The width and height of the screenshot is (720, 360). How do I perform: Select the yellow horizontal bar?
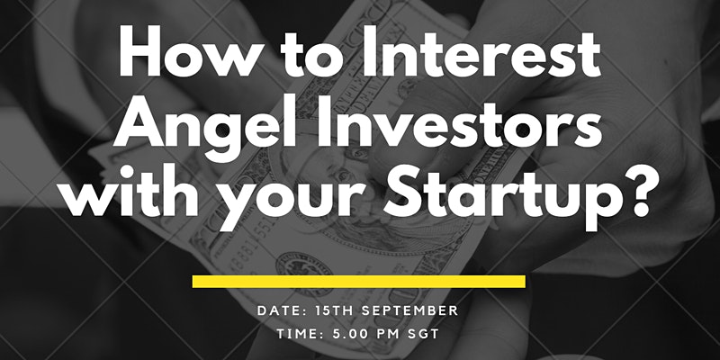[358, 282]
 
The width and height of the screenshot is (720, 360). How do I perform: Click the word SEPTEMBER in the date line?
[409, 310]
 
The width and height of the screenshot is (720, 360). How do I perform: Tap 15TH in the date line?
[334, 310]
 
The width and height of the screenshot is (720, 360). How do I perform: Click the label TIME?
[300, 334]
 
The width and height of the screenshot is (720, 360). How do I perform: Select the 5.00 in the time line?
[350, 334]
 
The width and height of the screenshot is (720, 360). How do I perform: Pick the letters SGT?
[424, 334]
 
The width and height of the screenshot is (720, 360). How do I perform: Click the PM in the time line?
[388, 334]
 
